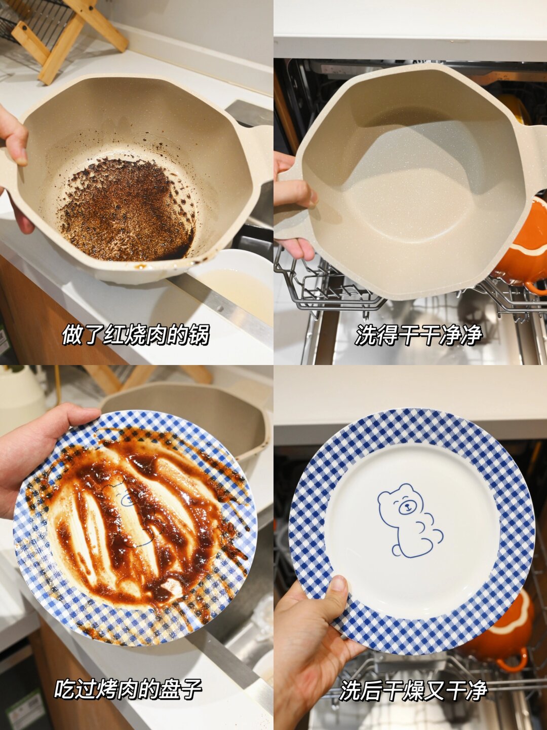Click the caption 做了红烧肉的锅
[136, 335]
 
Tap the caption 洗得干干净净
[418, 335]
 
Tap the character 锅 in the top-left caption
[199, 335]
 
